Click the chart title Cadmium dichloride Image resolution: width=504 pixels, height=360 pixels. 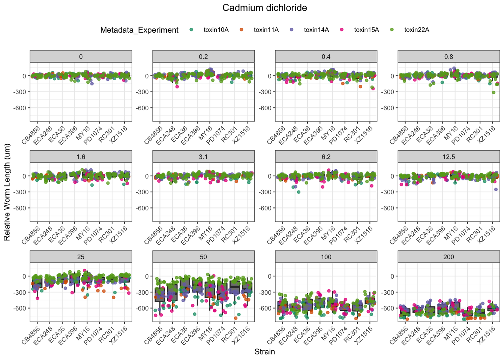click(264, 8)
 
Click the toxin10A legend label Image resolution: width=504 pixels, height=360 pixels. click(216, 30)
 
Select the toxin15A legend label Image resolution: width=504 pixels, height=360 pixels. click(366, 30)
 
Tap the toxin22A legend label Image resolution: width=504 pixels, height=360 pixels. click(417, 30)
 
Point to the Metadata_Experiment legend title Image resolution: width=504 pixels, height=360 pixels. click(139, 30)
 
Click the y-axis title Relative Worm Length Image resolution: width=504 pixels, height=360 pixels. click(7, 192)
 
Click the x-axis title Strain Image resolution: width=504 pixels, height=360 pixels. click(264, 352)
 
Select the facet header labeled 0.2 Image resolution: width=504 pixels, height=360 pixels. click(203, 57)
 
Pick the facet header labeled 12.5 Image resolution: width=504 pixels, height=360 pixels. click(448, 157)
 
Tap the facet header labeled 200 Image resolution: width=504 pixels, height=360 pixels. click(448, 257)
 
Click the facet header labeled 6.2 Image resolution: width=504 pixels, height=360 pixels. click(326, 157)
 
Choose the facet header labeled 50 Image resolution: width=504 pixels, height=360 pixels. click(203, 257)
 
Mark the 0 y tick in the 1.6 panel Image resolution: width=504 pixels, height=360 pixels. click(24, 176)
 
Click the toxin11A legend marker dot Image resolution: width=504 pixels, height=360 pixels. click(241, 30)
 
